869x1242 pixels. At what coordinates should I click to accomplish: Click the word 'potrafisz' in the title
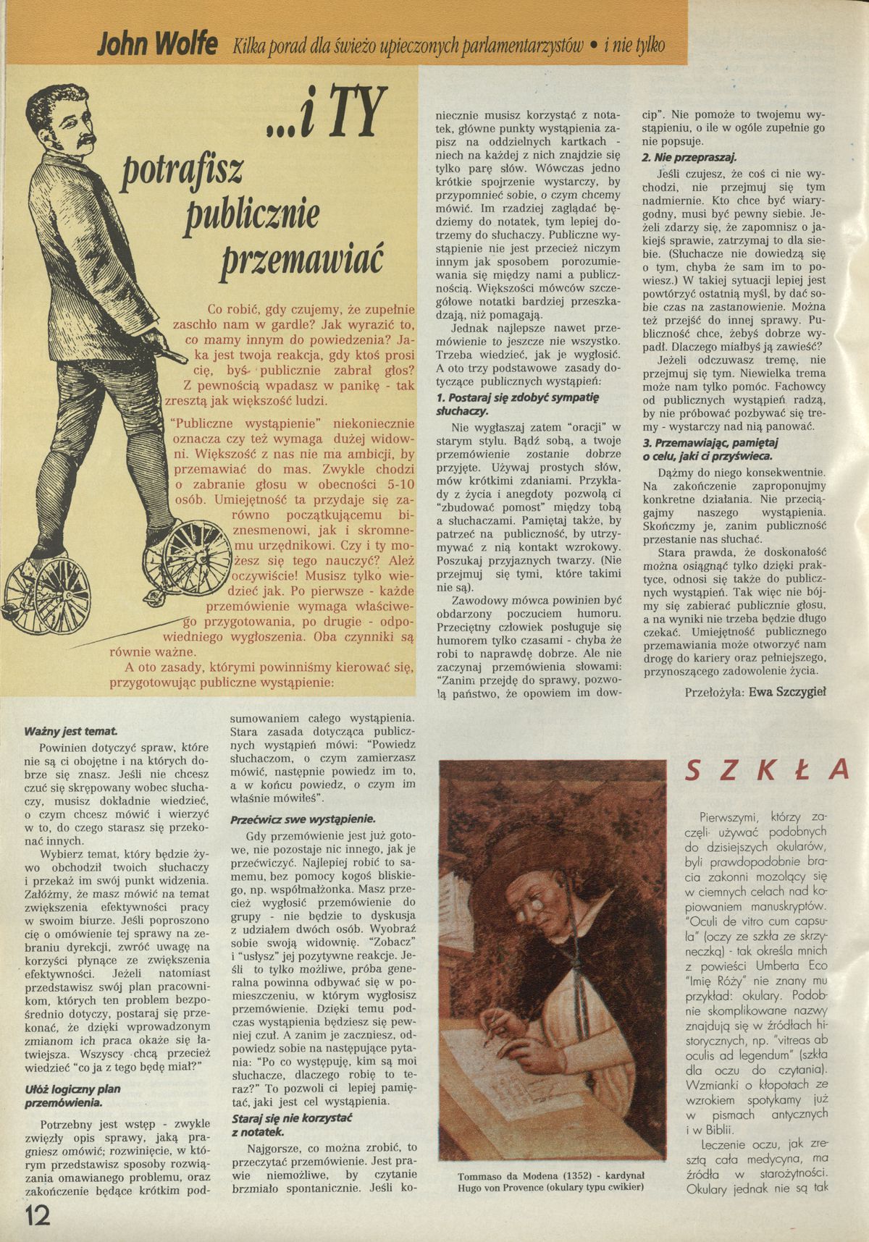pos(184,170)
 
